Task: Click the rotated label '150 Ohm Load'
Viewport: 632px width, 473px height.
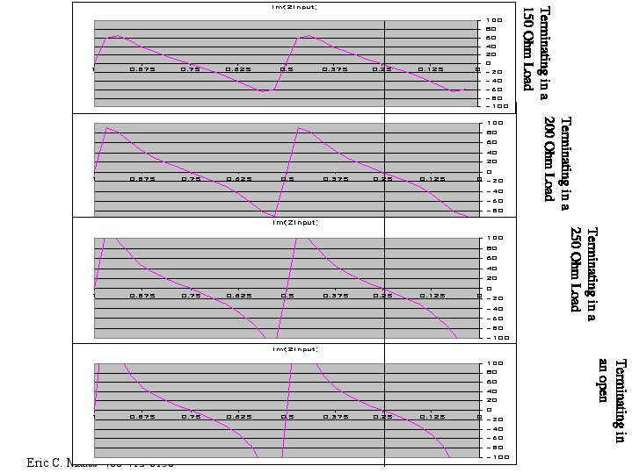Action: click(x=527, y=49)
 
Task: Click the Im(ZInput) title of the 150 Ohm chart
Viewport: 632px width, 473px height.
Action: click(x=294, y=7)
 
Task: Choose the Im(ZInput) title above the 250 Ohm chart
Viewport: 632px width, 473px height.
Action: click(x=294, y=223)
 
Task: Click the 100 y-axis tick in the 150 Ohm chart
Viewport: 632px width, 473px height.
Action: click(x=495, y=20)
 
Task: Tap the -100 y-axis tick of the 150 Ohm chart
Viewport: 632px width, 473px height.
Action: click(x=493, y=104)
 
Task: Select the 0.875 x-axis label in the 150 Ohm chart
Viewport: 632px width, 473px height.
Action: click(x=142, y=68)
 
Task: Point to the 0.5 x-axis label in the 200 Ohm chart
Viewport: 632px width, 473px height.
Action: click(x=287, y=178)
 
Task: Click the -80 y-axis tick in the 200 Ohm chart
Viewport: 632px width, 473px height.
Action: click(x=494, y=211)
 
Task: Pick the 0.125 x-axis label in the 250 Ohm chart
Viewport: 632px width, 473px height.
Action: click(x=431, y=296)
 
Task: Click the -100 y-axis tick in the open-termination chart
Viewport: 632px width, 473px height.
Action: click(x=493, y=457)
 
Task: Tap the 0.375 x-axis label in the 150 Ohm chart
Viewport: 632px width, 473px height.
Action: click(x=335, y=68)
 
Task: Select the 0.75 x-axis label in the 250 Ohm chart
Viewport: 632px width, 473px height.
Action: click(x=191, y=296)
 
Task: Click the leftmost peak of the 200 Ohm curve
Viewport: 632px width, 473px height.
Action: click(x=107, y=128)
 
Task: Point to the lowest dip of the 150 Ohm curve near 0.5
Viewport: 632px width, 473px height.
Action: click(x=264, y=90)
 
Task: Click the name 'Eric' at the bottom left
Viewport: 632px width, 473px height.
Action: click(x=38, y=462)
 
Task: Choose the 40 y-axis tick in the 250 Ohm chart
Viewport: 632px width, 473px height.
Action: click(x=495, y=268)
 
